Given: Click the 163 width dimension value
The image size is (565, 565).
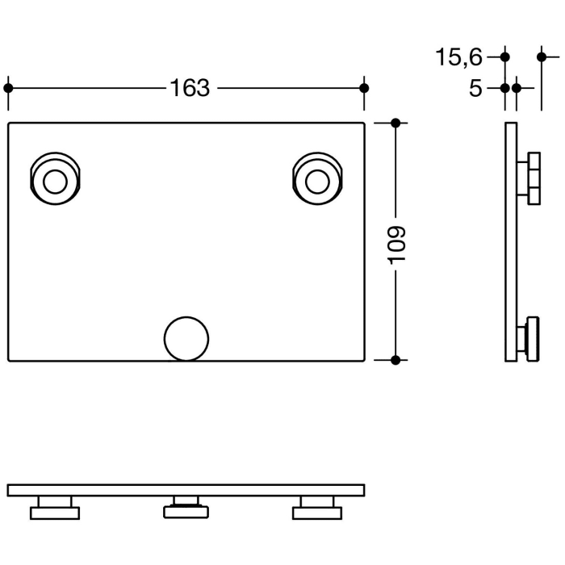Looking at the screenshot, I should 190,87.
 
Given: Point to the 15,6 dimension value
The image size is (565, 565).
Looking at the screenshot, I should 458,57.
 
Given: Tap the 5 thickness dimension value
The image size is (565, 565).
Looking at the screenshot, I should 475,88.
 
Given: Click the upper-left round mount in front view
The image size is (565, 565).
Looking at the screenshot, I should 55,179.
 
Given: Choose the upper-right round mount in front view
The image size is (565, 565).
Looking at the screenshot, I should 320,179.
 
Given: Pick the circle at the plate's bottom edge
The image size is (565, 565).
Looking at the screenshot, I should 186,338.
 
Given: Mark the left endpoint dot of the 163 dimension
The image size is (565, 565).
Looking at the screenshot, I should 8,87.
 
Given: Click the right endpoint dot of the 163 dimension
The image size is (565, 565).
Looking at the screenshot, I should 364,87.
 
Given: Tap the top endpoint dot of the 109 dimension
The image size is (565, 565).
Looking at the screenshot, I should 395,123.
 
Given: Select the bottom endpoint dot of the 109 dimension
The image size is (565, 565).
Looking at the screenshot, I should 395,359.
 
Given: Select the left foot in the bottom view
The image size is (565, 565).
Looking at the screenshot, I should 55,508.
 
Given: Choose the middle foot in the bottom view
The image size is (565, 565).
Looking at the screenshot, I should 186,508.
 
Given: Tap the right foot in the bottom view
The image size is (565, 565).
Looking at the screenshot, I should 317,508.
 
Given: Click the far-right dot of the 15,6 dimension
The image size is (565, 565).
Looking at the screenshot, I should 542,56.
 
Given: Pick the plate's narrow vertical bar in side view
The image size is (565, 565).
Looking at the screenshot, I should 511,241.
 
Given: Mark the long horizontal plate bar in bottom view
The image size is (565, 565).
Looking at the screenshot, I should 186,490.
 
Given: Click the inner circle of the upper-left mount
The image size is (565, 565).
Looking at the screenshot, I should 55,181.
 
